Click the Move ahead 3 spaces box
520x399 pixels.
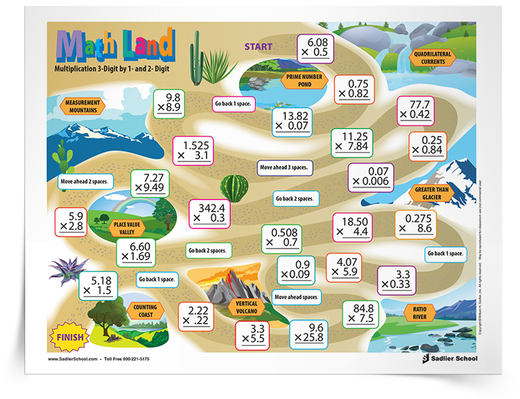coord(284,167)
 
